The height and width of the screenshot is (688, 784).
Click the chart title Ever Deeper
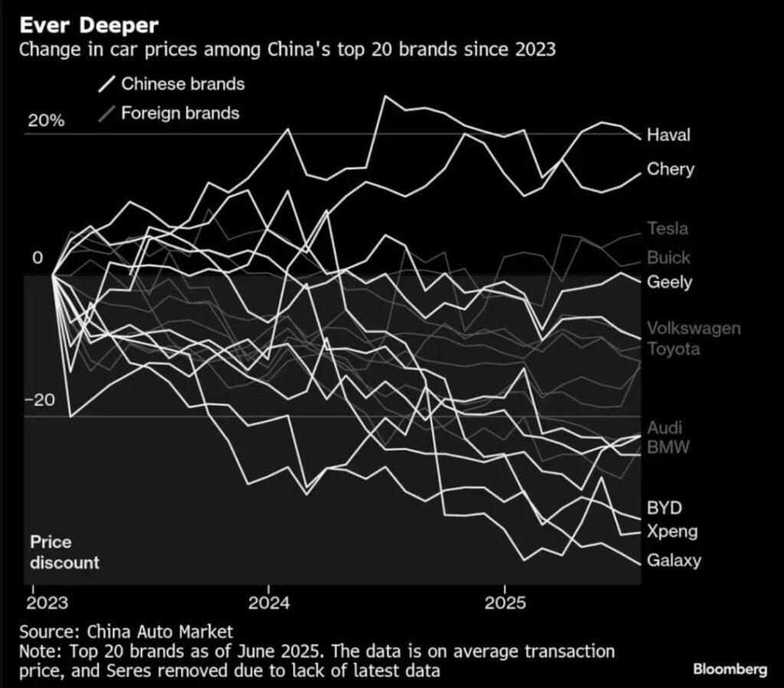click(x=89, y=25)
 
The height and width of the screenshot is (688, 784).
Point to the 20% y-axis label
click(x=46, y=121)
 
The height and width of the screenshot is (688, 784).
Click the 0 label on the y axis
click(x=38, y=258)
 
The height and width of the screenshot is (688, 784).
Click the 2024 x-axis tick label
click(x=269, y=603)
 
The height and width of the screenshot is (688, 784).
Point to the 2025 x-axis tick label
click(x=505, y=603)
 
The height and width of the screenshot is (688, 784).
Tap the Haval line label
click(x=668, y=136)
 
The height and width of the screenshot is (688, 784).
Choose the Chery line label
click(x=670, y=169)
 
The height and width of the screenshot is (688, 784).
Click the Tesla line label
click(x=667, y=228)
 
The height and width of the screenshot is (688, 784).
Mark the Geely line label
click(x=669, y=282)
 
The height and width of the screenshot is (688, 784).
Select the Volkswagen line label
click(x=694, y=329)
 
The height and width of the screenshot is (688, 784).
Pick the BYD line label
click(x=664, y=508)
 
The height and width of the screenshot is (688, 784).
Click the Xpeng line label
click(x=671, y=532)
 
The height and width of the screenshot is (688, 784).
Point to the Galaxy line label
click(x=674, y=560)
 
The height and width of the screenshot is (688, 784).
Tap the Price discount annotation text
click(x=65, y=552)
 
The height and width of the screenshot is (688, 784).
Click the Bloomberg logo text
click(x=730, y=670)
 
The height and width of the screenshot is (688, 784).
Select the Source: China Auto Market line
click(x=126, y=632)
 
